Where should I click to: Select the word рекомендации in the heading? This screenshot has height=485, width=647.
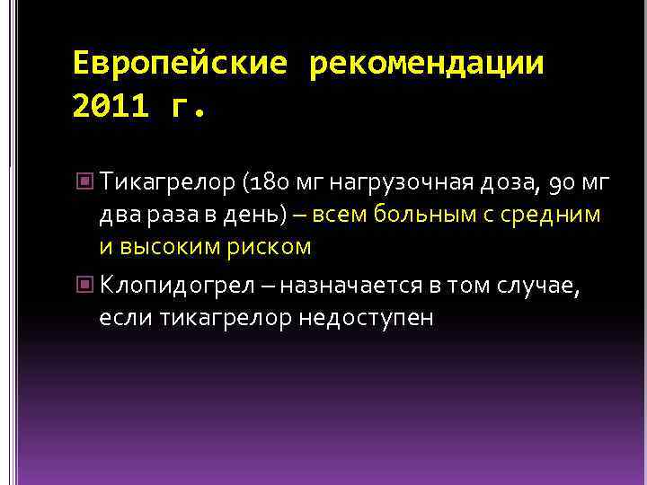426,64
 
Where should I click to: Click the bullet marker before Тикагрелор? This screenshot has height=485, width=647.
85,182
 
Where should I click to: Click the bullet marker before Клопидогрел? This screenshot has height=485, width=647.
85,285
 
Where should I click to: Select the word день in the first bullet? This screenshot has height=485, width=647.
254,216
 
